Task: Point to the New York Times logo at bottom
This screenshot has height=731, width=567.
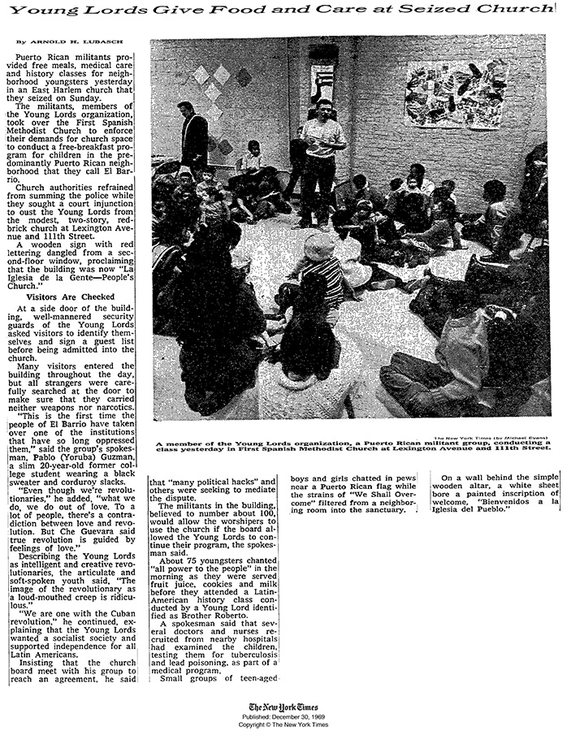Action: click(x=283, y=706)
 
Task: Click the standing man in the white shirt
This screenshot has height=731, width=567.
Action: click(x=323, y=158)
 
